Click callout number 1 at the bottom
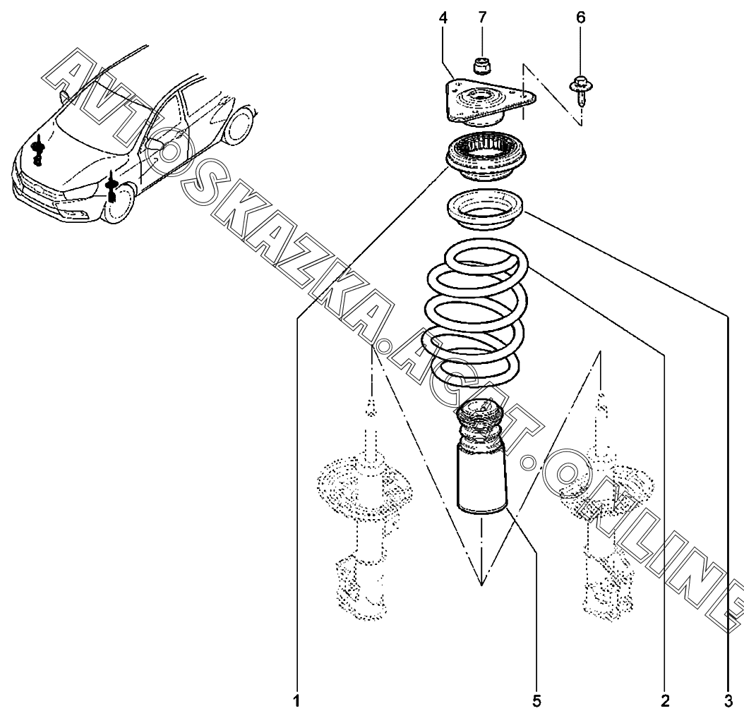point(296,701)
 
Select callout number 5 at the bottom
point(536,701)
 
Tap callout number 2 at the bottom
point(664,701)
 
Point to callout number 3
point(728,701)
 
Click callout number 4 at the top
point(443,18)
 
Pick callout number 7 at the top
point(482,18)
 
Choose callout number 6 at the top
point(581,18)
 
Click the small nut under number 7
point(482,66)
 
